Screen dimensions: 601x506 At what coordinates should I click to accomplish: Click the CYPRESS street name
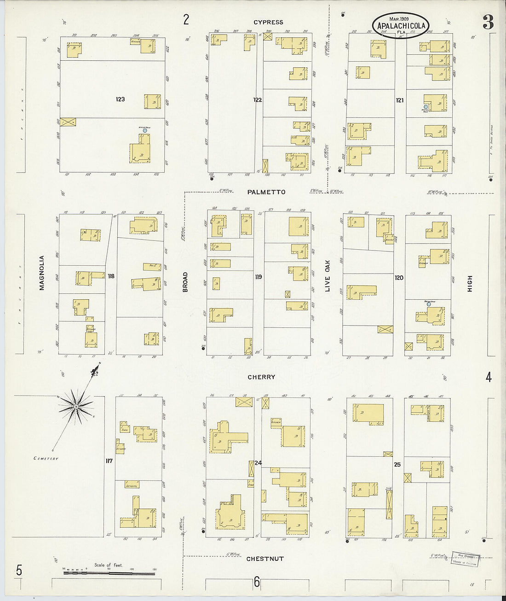(x=268, y=22)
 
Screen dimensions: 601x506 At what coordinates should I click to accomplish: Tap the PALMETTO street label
(x=266, y=192)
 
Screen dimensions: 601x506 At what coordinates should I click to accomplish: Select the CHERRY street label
(x=261, y=377)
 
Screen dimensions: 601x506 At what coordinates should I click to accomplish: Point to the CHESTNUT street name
(x=265, y=559)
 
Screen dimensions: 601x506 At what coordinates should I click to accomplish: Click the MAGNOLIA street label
(x=42, y=273)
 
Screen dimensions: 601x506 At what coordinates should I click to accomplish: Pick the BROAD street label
(x=185, y=282)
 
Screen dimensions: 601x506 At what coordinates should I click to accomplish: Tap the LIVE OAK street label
(x=328, y=277)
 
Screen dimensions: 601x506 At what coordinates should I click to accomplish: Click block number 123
(x=121, y=99)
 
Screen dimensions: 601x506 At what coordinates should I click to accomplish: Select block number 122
(x=258, y=99)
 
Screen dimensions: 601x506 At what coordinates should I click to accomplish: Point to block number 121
(x=400, y=100)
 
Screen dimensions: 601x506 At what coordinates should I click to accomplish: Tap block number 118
(x=111, y=276)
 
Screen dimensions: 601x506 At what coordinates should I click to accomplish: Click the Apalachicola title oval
(x=401, y=26)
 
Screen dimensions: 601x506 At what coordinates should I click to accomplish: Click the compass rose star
(x=76, y=406)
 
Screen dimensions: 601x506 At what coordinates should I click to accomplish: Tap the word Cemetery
(x=46, y=459)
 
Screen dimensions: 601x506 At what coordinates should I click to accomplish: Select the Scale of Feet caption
(x=109, y=565)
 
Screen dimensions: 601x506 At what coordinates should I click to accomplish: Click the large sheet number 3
(x=488, y=22)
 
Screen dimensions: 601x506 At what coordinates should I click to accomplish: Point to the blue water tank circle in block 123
(x=145, y=131)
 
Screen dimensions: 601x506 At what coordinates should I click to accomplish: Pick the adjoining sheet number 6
(x=257, y=582)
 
